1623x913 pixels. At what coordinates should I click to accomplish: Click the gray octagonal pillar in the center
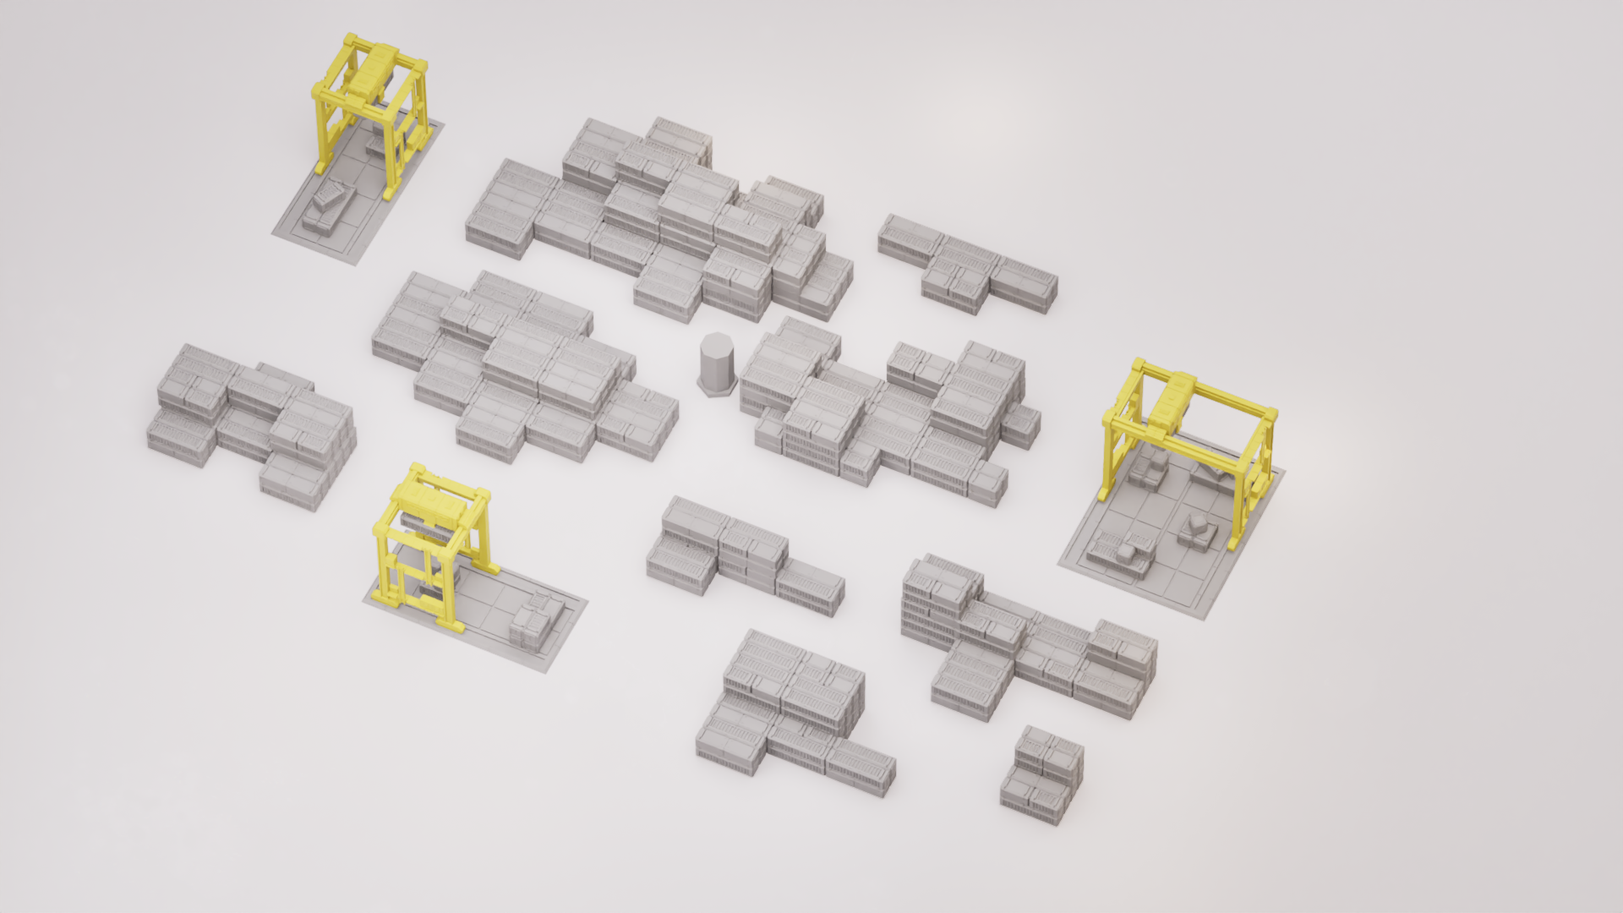point(717,364)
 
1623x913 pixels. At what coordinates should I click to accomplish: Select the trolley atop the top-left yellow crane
point(372,71)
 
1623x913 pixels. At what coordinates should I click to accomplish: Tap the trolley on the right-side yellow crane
point(1172,398)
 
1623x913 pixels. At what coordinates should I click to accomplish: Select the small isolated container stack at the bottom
point(1041,774)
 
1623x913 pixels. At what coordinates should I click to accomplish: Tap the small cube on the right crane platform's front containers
point(1126,553)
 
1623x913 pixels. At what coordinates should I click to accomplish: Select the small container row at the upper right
point(968,264)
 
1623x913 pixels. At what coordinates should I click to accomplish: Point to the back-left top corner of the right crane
point(1139,367)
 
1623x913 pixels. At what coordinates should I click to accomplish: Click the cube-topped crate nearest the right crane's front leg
point(1195,529)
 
